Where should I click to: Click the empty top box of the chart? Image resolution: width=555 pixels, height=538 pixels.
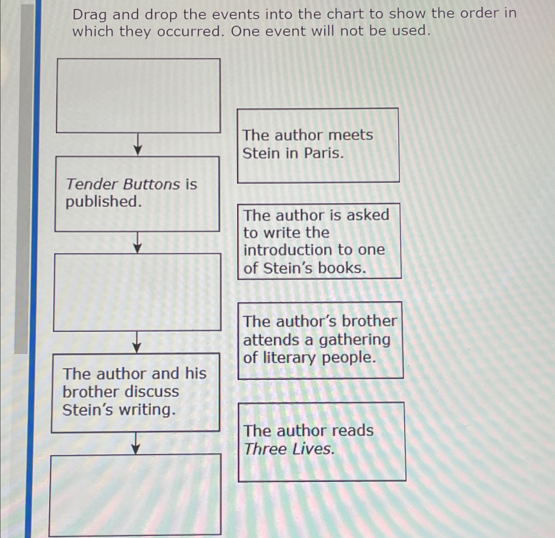tap(138, 96)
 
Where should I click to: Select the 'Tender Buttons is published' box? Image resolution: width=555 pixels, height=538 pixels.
tap(137, 194)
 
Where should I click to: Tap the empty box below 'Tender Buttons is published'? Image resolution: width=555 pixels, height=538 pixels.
tap(137, 292)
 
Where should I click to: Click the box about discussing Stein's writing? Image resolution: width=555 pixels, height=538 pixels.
tap(135, 392)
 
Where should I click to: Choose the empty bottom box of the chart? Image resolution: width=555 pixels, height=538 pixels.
tap(135, 494)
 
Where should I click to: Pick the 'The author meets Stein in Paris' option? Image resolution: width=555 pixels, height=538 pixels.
tap(318, 145)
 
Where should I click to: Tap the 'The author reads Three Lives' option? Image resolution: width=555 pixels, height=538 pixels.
tap(322, 441)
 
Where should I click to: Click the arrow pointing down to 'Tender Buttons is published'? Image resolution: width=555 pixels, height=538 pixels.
tap(138, 145)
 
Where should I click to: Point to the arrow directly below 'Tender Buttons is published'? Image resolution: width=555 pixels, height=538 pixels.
tap(137, 243)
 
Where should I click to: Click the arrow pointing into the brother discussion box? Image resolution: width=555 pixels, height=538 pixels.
tap(137, 343)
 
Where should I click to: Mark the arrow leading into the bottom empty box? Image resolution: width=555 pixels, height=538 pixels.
tap(135, 443)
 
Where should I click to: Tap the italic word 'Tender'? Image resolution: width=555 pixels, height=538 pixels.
tap(93, 184)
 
